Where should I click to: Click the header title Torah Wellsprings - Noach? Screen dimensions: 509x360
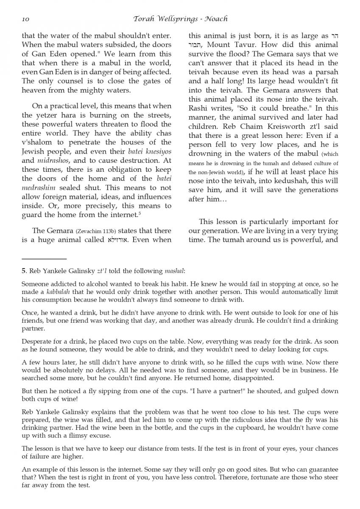(x=180, y=19)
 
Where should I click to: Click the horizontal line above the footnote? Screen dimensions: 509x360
(x=44, y=258)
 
